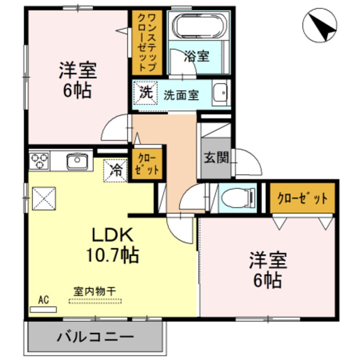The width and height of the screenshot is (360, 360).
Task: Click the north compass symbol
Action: (x=321, y=25)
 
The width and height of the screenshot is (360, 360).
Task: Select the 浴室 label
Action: (x=197, y=57)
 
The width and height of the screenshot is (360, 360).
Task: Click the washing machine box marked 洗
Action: (x=146, y=93)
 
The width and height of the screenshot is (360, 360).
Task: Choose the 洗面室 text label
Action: (x=181, y=95)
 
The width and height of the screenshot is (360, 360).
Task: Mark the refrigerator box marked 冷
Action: (x=115, y=170)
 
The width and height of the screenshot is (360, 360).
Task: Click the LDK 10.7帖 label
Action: (x=113, y=244)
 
